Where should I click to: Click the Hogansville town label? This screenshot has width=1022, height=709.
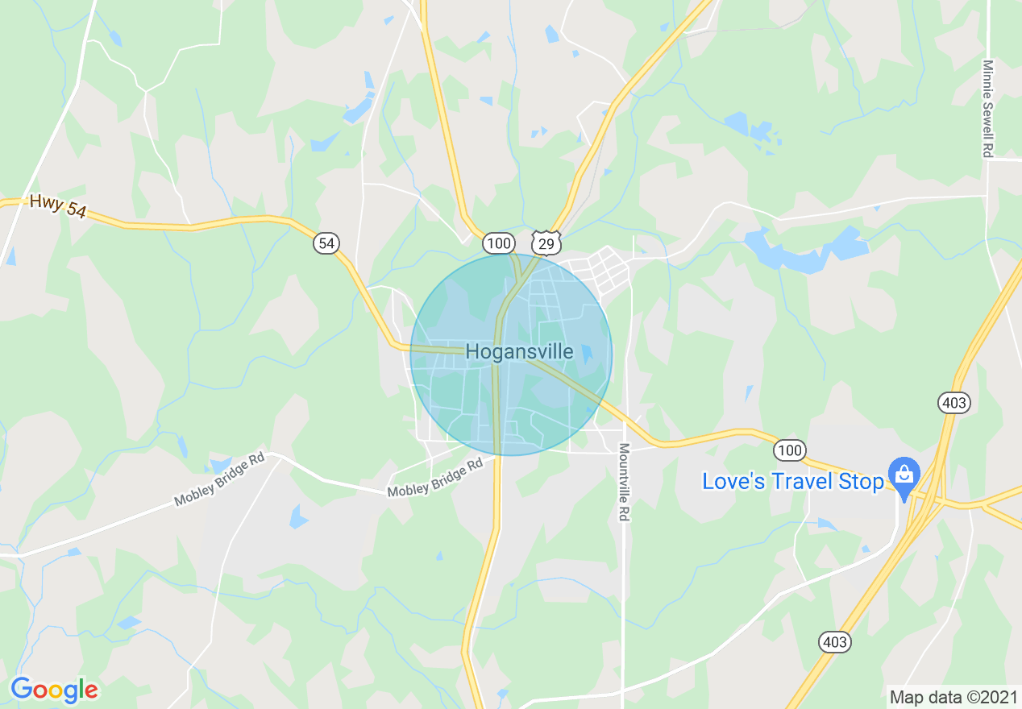(519, 352)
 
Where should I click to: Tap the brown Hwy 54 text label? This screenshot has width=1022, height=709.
(57, 206)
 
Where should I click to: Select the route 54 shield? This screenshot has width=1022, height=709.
(326, 243)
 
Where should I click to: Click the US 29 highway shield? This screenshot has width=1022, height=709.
(546, 243)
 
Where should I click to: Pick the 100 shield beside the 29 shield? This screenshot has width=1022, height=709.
(499, 243)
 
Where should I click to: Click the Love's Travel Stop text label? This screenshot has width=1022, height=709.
(792, 482)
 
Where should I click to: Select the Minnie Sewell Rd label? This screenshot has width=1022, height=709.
(987, 108)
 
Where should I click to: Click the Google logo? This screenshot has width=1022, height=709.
(54, 690)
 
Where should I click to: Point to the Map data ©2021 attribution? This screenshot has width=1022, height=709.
(952, 696)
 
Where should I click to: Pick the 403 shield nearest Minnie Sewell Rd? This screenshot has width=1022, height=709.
(953, 402)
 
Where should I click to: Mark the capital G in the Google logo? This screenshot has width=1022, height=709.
(23, 690)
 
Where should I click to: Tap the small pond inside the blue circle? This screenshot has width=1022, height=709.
(587, 352)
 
